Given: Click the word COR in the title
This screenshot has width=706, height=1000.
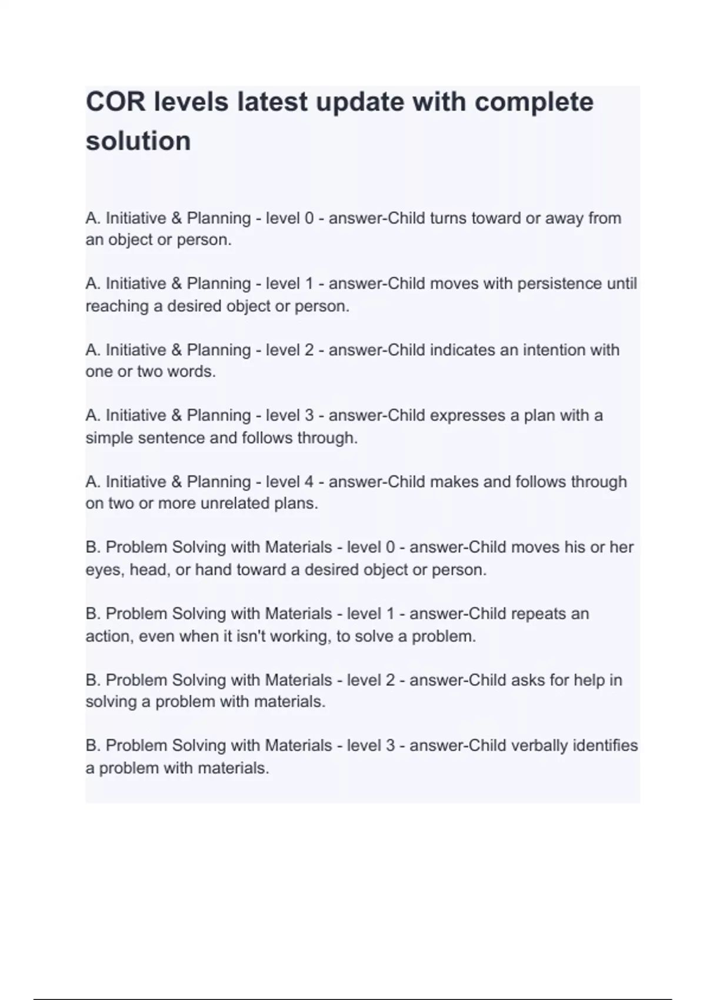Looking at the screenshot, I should click(115, 102).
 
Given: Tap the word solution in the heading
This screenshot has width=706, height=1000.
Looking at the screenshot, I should click(138, 141).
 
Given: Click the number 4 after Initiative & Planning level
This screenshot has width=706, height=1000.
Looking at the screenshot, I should click(309, 482).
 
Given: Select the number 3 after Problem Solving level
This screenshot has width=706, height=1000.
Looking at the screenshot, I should click(389, 746).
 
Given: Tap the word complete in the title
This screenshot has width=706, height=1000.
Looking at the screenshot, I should click(534, 102).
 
